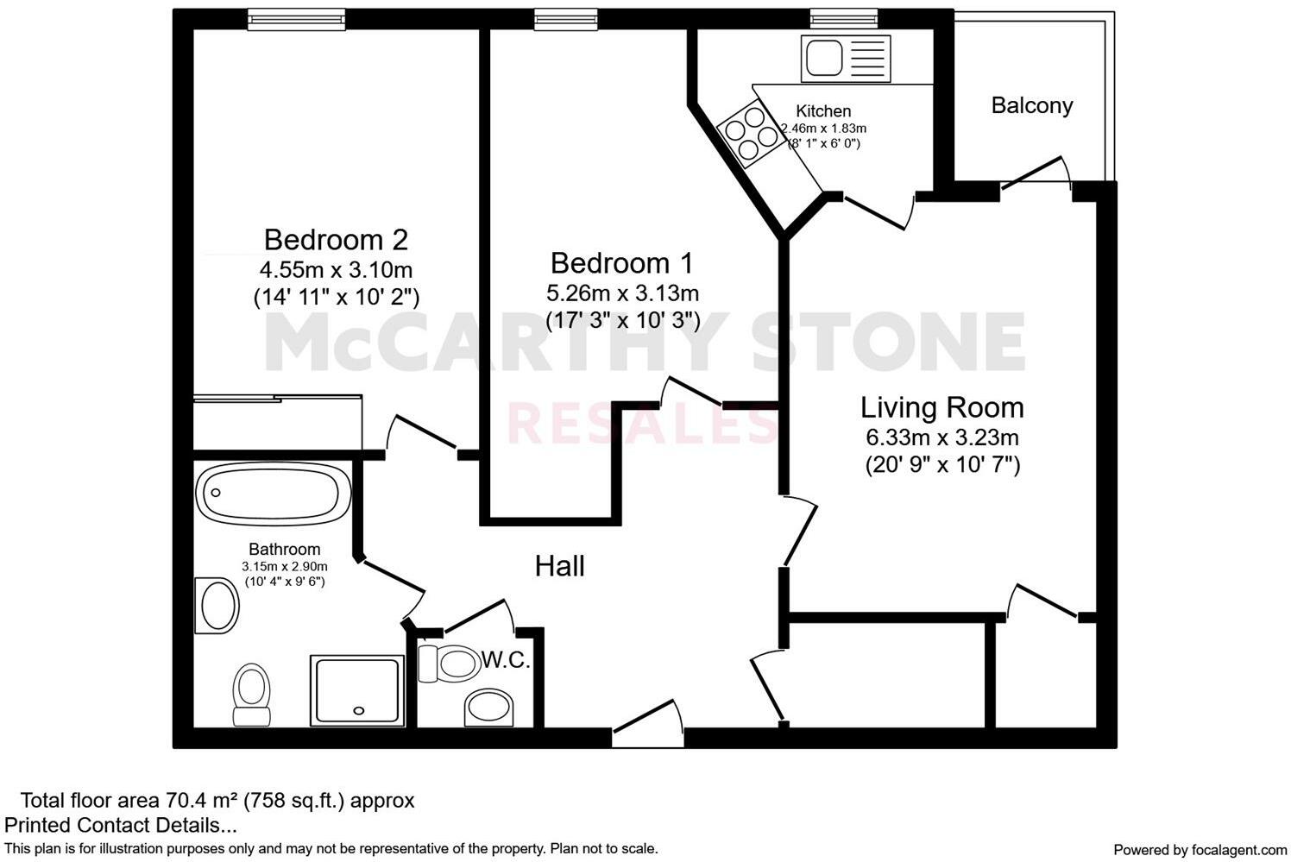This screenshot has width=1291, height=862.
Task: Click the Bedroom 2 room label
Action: pyautogui.click(x=336, y=239)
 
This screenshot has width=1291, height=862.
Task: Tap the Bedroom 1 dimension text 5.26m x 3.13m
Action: pyautogui.click(x=622, y=293)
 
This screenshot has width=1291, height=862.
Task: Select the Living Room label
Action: pyautogui.click(x=942, y=407)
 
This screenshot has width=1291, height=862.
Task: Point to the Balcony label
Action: pyautogui.click(x=1031, y=106)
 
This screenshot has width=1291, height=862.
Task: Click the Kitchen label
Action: pyautogui.click(x=822, y=111)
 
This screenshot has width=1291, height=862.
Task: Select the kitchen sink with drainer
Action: pyautogui.click(x=844, y=58)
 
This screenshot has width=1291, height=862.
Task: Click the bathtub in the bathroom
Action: pyautogui.click(x=273, y=494)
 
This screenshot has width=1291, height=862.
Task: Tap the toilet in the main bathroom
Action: pyautogui.click(x=252, y=694)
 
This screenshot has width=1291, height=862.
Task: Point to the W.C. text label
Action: pyautogui.click(x=506, y=661)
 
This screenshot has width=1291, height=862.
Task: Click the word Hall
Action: pyautogui.click(x=559, y=566)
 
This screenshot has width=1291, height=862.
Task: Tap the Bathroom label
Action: pyautogui.click(x=284, y=550)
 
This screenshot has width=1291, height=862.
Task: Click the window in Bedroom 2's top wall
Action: pyautogui.click(x=284, y=18)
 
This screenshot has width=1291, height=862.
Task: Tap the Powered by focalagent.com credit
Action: pyautogui.click(x=1200, y=849)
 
